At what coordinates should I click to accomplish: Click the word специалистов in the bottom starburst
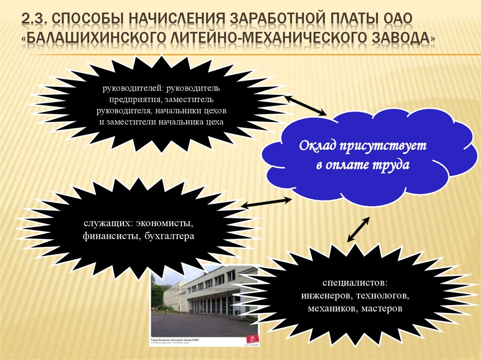click(x=355, y=283)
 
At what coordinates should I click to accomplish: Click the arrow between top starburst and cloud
click(x=306, y=105)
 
